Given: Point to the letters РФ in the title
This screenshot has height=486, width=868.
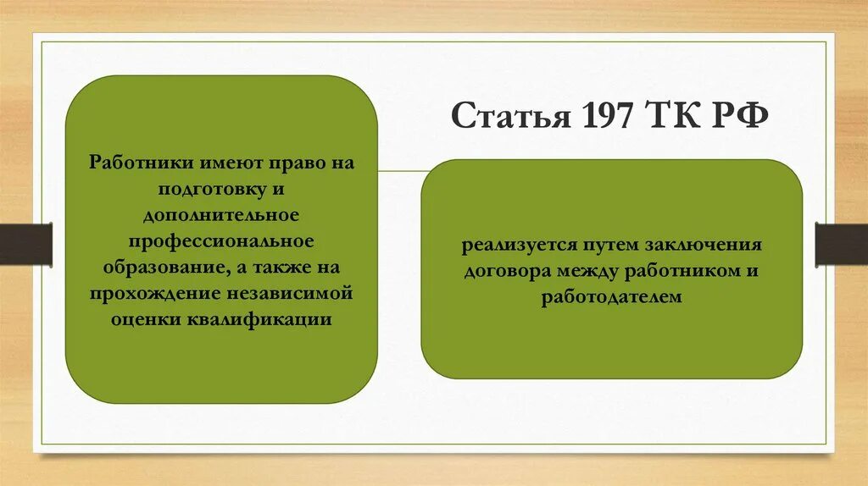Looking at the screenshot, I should tap(740, 115).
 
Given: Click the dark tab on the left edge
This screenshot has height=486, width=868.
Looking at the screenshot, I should tap(25, 243).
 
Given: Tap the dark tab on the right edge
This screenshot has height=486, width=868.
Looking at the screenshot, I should tap(842, 243).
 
